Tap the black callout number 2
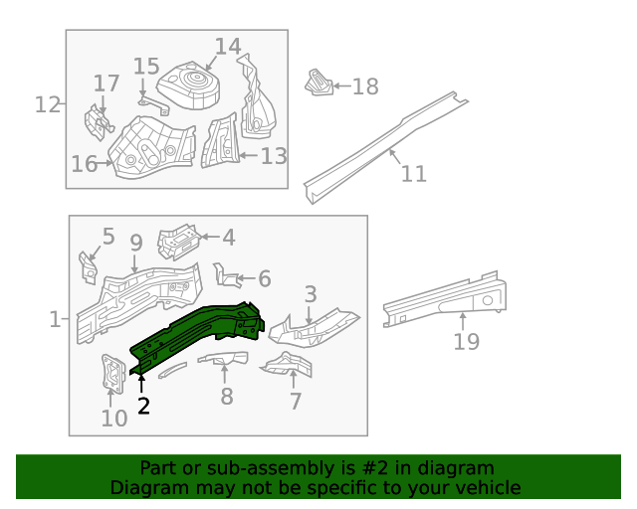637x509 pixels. [x=143, y=405]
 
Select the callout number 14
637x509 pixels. [x=228, y=47]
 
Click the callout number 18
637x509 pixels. [x=365, y=86]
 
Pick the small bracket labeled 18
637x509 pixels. [x=318, y=84]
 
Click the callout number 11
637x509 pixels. [x=413, y=174]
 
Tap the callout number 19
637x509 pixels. [x=466, y=342]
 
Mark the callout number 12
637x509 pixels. [x=48, y=103]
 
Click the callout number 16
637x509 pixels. [x=84, y=164]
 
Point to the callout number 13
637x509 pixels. [x=274, y=156]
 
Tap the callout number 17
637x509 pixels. [x=106, y=83]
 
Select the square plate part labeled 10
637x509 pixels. [x=111, y=378]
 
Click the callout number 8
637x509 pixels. [x=227, y=396]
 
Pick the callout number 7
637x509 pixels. [x=296, y=401]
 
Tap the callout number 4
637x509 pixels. [x=228, y=237]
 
